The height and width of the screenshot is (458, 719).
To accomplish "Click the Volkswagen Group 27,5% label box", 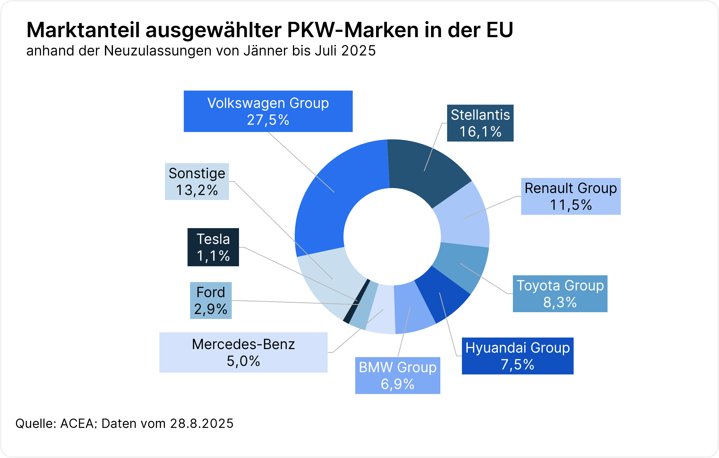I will pos(268,111).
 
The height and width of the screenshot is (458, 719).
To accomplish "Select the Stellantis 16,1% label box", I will pos(480,123).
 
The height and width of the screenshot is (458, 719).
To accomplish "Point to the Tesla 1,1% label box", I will pos(213,247).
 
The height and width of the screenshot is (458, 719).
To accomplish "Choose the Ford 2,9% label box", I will pos(211,300).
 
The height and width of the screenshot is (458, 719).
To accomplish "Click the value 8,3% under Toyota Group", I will pos(560,302).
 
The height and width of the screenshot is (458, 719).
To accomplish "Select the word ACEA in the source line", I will pos(77,424).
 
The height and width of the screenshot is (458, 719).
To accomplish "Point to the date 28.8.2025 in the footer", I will pos(202,424).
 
